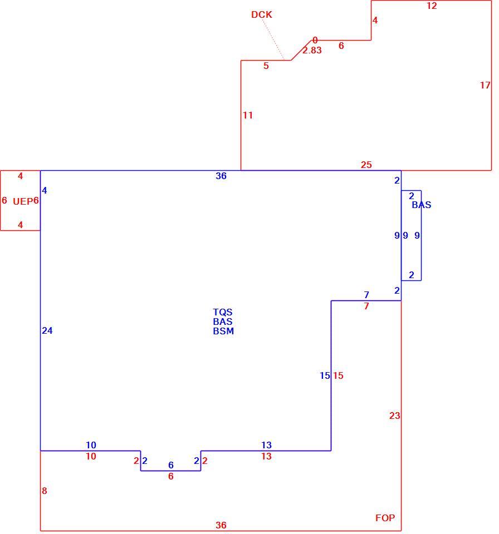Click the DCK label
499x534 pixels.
click(262, 14)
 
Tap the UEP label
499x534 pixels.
click(23, 201)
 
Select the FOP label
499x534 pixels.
click(385, 518)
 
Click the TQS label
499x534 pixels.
click(223, 312)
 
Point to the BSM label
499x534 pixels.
click(223, 331)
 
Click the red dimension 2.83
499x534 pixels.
click(312, 51)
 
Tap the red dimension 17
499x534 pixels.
click(485, 85)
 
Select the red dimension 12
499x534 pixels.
click(432, 6)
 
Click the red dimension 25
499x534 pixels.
click(366, 165)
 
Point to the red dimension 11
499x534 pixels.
click(248, 116)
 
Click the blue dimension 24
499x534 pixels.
click(47, 330)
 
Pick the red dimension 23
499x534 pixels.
click(395, 416)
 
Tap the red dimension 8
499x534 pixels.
click(45, 491)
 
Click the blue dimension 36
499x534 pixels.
click(221, 176)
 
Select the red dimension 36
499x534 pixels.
click(221, 525)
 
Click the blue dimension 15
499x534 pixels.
click(325, 375)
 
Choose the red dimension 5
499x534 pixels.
click(266, 66)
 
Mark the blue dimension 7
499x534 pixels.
click(366, 295)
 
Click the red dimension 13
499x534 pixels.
click(266, 456)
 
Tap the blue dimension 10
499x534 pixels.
click(91, 445)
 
